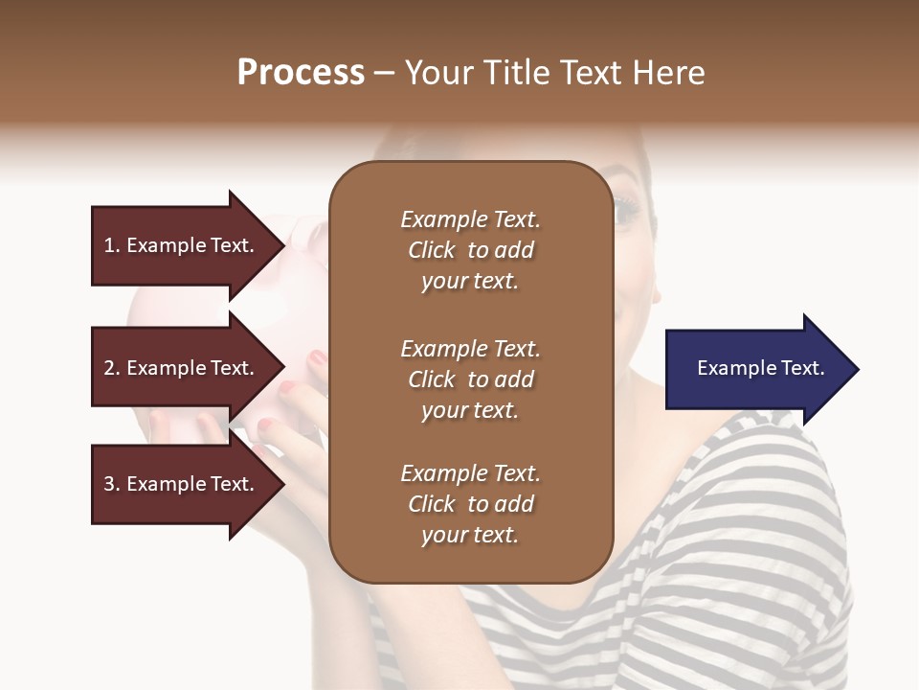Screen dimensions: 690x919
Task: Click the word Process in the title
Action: [x=301, y=73]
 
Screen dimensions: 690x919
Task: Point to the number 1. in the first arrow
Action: [x=112, y=245]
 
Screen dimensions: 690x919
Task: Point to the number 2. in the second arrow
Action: [x=112, y=368]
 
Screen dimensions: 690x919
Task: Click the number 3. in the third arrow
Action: [x=112, y=484]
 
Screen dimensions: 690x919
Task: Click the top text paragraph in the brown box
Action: [x=470, y=250]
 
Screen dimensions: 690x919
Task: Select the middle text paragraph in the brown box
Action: [x=470, y=379]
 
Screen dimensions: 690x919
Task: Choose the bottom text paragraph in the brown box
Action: [x=470, y=504]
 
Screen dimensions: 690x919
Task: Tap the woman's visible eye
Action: [x=625, y=209]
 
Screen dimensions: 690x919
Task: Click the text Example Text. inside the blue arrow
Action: [x=761, y=368]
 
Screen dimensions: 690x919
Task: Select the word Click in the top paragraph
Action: [x=431, y=250]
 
